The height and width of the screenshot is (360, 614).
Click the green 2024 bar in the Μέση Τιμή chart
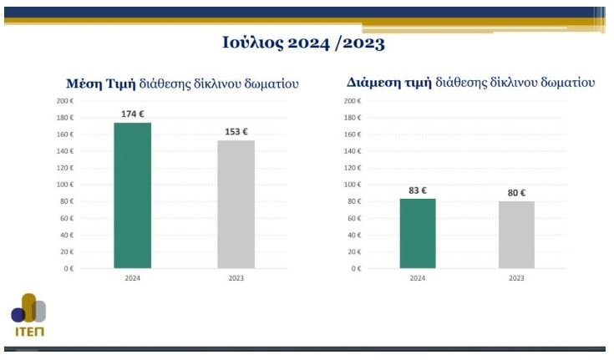132,195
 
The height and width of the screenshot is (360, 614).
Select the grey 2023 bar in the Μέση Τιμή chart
236,204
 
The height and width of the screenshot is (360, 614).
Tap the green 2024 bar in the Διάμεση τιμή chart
418,234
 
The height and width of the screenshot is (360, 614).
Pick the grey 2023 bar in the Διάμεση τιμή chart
516,235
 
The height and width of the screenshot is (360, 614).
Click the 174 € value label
132,114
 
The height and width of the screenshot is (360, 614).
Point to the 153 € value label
236,132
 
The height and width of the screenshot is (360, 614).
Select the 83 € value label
418,190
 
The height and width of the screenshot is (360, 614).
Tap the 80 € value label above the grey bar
516,193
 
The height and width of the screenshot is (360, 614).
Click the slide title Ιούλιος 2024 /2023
303,43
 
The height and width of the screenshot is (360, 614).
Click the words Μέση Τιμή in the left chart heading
100,84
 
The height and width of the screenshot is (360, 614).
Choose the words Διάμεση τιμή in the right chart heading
388,83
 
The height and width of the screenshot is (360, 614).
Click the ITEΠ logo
28,315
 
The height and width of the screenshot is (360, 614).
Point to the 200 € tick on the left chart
65,101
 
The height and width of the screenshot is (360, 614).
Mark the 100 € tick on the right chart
353,185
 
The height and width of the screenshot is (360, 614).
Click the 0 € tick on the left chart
69,269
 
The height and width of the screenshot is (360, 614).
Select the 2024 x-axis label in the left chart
132,278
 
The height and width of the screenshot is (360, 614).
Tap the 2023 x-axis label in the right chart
516,278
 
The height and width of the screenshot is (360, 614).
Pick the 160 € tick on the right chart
353,134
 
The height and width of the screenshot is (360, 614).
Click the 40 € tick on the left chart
67,235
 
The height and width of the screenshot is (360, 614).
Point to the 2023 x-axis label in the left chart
236,278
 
